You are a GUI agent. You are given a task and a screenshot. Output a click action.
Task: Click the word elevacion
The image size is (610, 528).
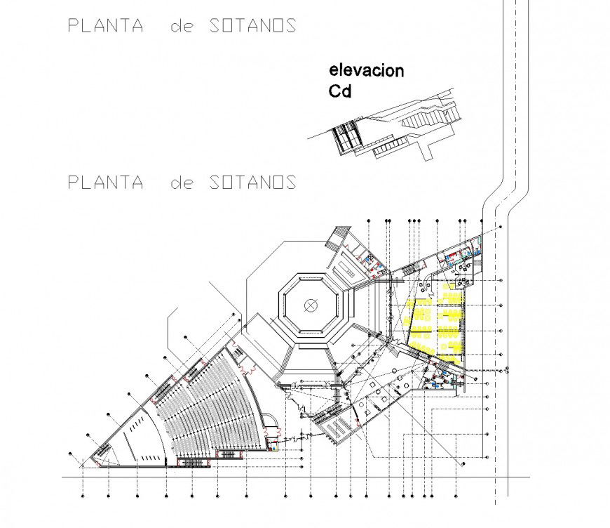367,71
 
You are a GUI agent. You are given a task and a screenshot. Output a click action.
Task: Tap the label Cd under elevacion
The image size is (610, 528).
340,91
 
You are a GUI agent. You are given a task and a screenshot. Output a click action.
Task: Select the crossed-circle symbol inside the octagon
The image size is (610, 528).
310,305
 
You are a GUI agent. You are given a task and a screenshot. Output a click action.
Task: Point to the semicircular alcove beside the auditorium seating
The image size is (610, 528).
270,419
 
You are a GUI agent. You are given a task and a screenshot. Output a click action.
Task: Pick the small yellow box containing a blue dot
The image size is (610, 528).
274,447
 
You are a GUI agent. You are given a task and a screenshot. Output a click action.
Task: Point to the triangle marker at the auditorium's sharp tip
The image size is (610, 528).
82,464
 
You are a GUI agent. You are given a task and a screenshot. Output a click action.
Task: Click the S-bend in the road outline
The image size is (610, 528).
506,194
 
